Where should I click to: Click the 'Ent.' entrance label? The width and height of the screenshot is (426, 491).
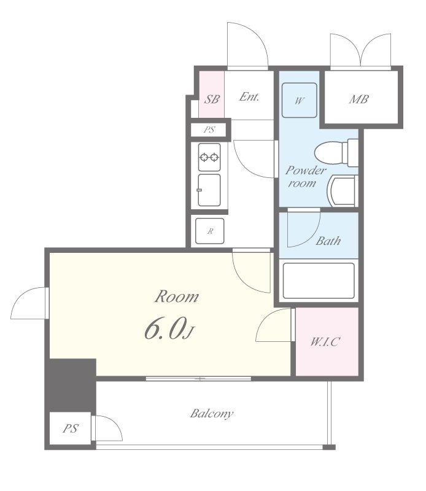[249, 96]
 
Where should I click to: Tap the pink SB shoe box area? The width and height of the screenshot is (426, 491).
[211, 95]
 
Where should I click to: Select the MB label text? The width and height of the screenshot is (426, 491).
[358, 99]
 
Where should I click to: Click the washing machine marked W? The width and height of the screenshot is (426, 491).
[299, 100]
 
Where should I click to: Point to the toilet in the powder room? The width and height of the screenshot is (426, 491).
[336, 153]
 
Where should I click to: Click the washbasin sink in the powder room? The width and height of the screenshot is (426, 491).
[343, 190]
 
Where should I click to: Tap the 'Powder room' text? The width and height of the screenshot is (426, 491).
[305, 177]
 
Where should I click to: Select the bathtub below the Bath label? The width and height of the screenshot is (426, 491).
[319, 281]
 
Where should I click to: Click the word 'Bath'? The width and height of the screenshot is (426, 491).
[328, 241]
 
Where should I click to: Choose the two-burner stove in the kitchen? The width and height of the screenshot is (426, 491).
[209, 157]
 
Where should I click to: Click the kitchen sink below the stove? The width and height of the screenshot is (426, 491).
[209, 190]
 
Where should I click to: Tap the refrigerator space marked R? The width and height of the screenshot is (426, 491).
[209, 231]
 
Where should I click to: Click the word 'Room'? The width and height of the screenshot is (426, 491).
[176, 296]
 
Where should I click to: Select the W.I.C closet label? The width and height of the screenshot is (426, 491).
[325, 341]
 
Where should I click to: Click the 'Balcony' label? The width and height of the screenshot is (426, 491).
[211, 413]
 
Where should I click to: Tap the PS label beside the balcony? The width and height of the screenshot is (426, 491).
[71, 428]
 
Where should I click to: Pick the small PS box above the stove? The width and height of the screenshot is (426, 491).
[209, 130]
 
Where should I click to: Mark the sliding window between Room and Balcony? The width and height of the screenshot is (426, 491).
[199, 379]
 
